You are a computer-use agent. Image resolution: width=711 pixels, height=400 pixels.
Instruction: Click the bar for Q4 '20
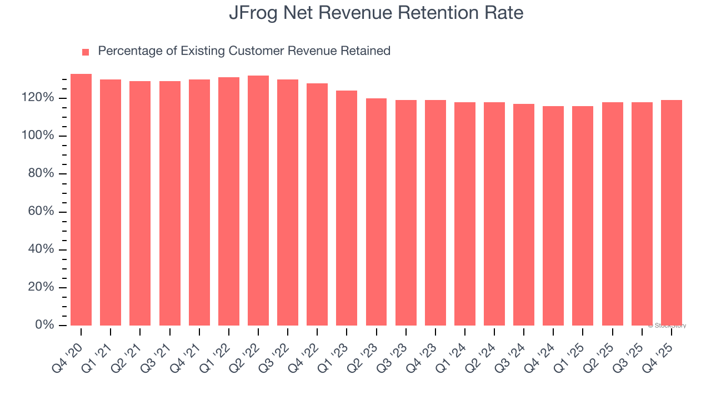[81, 200]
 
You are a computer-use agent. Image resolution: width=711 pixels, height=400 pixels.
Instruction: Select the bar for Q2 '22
[258, 201]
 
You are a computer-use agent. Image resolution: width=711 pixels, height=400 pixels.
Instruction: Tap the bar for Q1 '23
[347, 208]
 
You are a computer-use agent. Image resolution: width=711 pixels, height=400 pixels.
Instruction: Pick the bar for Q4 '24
[553, 216]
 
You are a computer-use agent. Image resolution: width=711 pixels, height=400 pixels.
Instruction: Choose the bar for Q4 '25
[671, 213]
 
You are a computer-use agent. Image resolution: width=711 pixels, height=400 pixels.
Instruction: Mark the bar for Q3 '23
[406, 213]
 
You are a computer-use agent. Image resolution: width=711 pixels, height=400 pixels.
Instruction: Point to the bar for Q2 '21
[140, 203]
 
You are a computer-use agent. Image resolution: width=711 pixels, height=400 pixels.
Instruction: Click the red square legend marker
[86, 52]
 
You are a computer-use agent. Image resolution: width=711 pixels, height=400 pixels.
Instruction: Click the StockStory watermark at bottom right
[667, 326]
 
